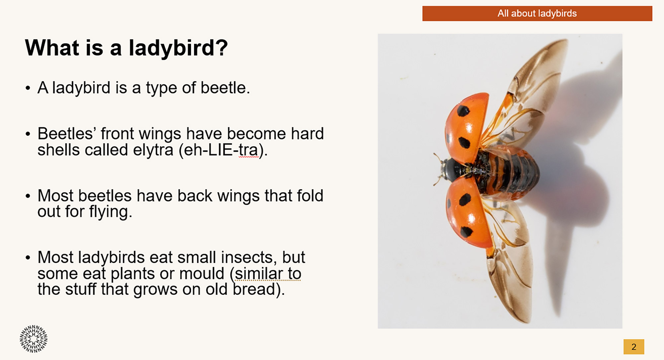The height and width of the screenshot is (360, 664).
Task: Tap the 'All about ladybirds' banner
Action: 537,13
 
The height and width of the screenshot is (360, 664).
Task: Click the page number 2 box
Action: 634,347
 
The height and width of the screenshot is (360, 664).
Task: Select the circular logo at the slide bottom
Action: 34,339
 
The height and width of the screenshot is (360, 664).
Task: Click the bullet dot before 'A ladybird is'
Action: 28,89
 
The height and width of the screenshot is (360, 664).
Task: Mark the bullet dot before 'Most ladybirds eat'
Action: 28,258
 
